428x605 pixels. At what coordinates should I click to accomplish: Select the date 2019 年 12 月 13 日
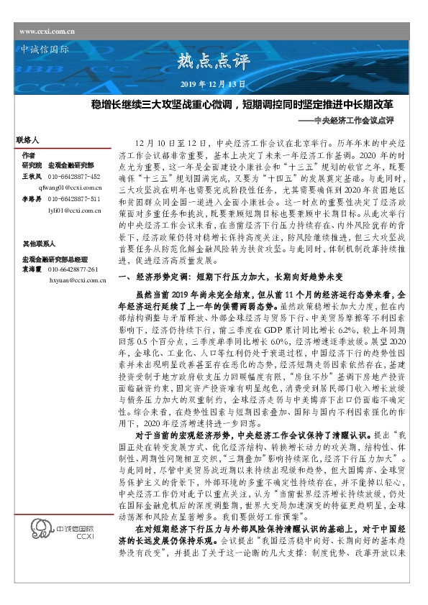(x=214, y=85)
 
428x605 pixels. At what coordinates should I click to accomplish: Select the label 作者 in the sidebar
(x=28, y=155)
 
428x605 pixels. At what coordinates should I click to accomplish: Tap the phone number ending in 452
(x=74, y=176)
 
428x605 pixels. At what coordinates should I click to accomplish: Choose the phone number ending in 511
(x=74, y=198)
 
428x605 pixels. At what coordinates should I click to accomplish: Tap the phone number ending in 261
(x=73, y=269)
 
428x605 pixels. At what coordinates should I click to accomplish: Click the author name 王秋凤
(x=31, y=176)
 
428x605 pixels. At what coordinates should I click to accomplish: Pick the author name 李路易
(x=31, y=198)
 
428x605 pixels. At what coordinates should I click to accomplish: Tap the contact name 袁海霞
(x=31, y=269)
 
